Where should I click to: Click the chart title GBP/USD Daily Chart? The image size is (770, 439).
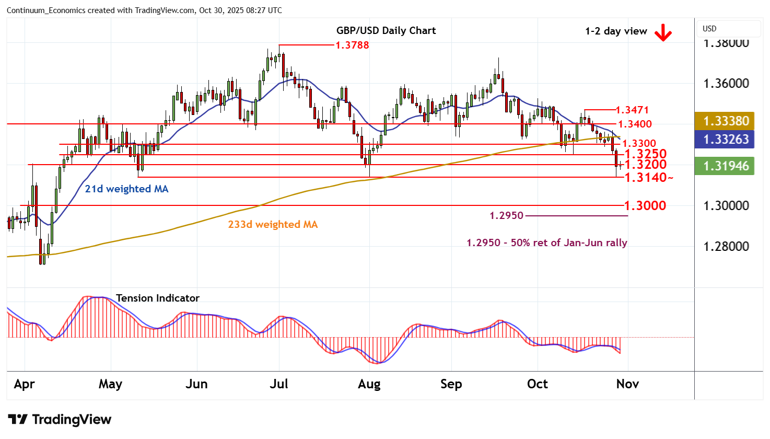click(x=386, y=30)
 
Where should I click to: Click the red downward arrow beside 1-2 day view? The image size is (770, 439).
click(x=663, y=33)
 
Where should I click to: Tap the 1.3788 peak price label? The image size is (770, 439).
click(x=352, y=45)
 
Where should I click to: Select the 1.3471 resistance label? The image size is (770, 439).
click(x=632, y=110)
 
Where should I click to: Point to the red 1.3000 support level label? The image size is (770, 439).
click(x=645, y=205)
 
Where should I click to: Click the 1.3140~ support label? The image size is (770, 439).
click(x=648, y=178)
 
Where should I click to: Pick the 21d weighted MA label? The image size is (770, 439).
click(x=126, y=189)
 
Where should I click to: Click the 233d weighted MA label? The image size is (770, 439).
click(x=273, y=225)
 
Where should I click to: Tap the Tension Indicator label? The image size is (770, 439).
click(x=157, y=298)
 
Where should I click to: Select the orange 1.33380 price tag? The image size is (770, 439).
click(x=726, y=121)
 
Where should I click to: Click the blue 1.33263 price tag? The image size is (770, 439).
click(x=726, y=140)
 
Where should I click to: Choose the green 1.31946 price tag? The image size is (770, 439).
click(x=726, y=166)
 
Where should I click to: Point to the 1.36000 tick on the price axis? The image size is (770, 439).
click(x=726, y=84)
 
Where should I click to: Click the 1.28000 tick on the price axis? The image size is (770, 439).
click(x=726, y=247)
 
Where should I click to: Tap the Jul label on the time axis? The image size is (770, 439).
click(x=278, y=384)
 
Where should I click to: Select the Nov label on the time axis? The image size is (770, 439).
click(x=627, y=384)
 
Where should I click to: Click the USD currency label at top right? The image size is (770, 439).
click(x=709, y=29)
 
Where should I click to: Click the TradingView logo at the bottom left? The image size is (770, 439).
click(x=60, y=420)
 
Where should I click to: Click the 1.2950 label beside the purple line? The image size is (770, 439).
click(x=506, y=216)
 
